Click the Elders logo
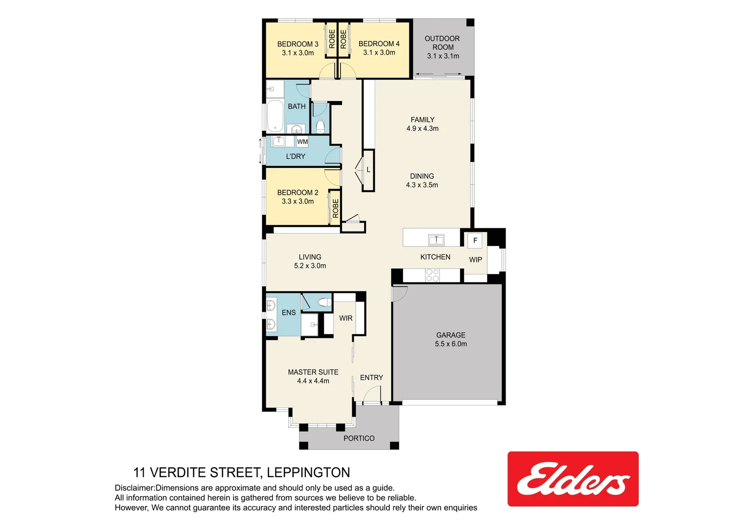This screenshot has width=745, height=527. (x=573, y=479)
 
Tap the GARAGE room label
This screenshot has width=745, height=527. (x=450, y=335)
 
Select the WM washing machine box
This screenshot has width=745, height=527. (x=302, y=142)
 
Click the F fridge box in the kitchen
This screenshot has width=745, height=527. (x=475, y=241)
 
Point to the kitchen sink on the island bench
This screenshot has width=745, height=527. (x=436, y=240)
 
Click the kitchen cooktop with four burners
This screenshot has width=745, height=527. (x=432, y=275)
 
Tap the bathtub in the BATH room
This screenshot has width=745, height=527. (x=276, y=116)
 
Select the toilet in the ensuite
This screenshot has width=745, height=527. (x=324, y=303)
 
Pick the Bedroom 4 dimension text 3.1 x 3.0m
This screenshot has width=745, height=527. (x=379, y=53)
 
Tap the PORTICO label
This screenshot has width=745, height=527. (x=359, y=438)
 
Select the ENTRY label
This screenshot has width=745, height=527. (x=371, y=378)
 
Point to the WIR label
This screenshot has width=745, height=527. (x=345, y=318)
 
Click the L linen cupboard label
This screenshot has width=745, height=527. (x=368, y=170)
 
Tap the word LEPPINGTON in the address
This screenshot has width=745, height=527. (x=308, y=472)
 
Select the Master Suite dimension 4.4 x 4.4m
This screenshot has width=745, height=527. (x=313, y=381)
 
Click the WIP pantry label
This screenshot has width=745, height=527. (x=475, y=260)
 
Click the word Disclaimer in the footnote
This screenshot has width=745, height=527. (x=134, y=488)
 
